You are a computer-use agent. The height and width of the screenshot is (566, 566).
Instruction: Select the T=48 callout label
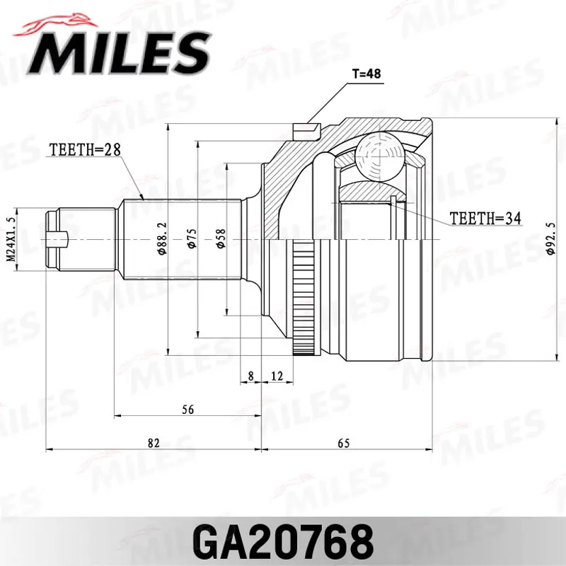(x=366, y=74)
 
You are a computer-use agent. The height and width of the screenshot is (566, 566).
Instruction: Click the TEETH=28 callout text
(x=85, y=149)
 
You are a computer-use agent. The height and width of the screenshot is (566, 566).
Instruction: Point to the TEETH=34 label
(x=485, y=218)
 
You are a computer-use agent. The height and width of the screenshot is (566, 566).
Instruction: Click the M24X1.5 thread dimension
(x=11, y=239)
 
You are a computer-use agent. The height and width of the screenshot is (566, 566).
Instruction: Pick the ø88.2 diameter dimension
(x=162, y=238)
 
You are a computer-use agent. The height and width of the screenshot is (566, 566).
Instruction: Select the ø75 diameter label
(x=191, y=238)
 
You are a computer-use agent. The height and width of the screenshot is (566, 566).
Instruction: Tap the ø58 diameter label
(x=221, y=238)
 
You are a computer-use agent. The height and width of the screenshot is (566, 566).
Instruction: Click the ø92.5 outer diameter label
(x=550, y=238)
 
